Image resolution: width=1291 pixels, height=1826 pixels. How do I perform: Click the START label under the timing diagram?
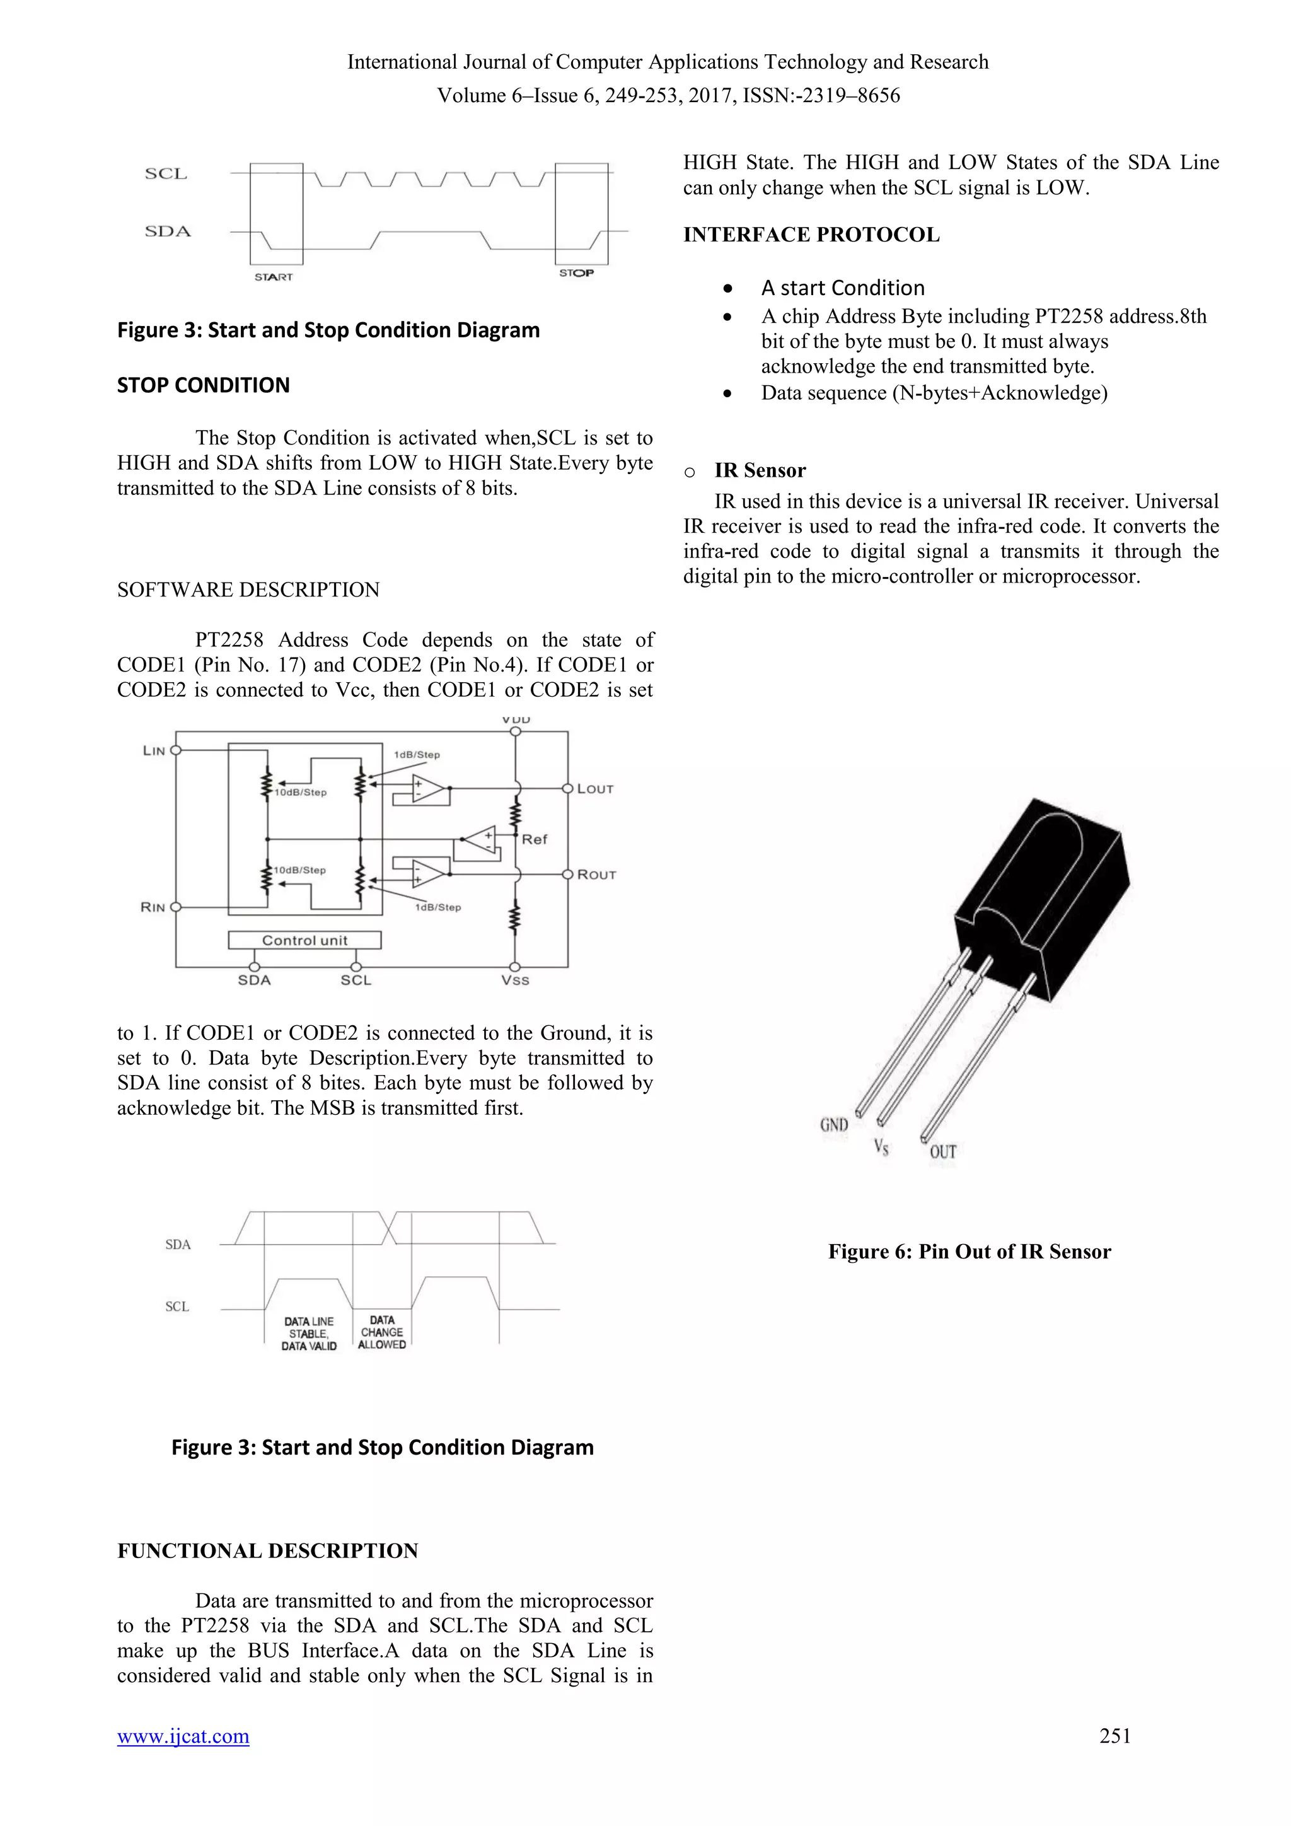(x=274, y=277)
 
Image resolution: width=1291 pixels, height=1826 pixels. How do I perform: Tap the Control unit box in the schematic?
(x=304, y=940)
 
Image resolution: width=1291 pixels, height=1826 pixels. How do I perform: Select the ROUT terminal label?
(x=596, y=875)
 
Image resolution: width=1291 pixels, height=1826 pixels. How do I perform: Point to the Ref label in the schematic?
(x=534, y=839)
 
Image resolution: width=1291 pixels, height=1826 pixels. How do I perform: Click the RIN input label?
(x=153, y=907)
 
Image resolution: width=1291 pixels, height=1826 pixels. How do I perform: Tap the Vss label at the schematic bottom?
(x=515, y=980)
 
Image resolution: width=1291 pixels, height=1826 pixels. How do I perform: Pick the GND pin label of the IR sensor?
(x=834, y=1125)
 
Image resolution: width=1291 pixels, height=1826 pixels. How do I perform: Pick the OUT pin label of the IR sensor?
(x=943, y=1151)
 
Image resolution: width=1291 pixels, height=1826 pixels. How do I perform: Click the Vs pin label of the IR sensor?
(x=881, y=1146)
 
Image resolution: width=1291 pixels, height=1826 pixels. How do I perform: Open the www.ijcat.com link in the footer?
(x=183, y=1736)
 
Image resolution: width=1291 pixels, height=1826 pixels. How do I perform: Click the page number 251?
(x=1114, y=1736)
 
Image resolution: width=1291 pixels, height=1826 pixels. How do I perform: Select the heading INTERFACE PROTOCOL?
(x=811, y=235)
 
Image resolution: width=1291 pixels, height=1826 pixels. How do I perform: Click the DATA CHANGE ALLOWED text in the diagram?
(x=381, y=1332)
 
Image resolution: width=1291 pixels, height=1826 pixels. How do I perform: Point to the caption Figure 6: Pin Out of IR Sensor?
(x=969, y=1252)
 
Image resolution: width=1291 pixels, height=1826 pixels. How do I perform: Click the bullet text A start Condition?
(x=843, y=288)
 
